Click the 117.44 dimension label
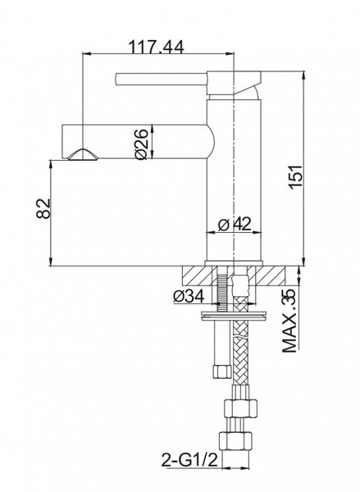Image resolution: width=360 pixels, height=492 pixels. (156, 47)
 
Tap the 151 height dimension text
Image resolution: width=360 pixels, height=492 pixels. (296, 176)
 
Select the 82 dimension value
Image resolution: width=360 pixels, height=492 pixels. (43, 208)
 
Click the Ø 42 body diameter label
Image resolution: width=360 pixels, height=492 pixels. (235, 224)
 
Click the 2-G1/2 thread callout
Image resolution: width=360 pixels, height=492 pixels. (189, 460)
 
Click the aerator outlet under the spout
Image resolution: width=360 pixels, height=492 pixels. (83, 155)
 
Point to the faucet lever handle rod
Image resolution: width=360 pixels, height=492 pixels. (161, 79)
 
